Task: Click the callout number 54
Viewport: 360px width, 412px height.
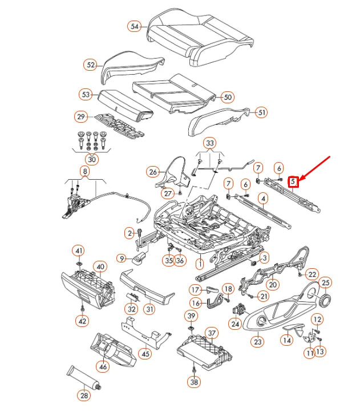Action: tap(135, 27)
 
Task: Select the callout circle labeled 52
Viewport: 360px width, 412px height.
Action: tap(91, 64)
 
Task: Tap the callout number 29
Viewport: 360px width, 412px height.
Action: tap(82, 117)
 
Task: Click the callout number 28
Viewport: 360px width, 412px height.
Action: tap(85, 395)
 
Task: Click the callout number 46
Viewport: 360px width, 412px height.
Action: tap(103, 367)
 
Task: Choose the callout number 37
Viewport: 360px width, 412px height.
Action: tap(212, 333)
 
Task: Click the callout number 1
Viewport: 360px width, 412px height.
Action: tap(200, 264)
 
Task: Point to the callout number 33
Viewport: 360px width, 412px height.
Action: tap(209, 142)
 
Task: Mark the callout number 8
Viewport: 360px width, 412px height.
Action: tap(85, 171)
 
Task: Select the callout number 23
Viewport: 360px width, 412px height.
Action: tap(258, 342)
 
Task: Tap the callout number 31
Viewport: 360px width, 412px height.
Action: tap(149, 309)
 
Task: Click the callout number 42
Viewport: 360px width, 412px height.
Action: tap(83, 321)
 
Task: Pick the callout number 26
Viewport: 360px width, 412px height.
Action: tap(152, 171)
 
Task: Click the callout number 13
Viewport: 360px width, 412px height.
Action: tap(319, 352)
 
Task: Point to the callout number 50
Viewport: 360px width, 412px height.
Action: tap(228, 97)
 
